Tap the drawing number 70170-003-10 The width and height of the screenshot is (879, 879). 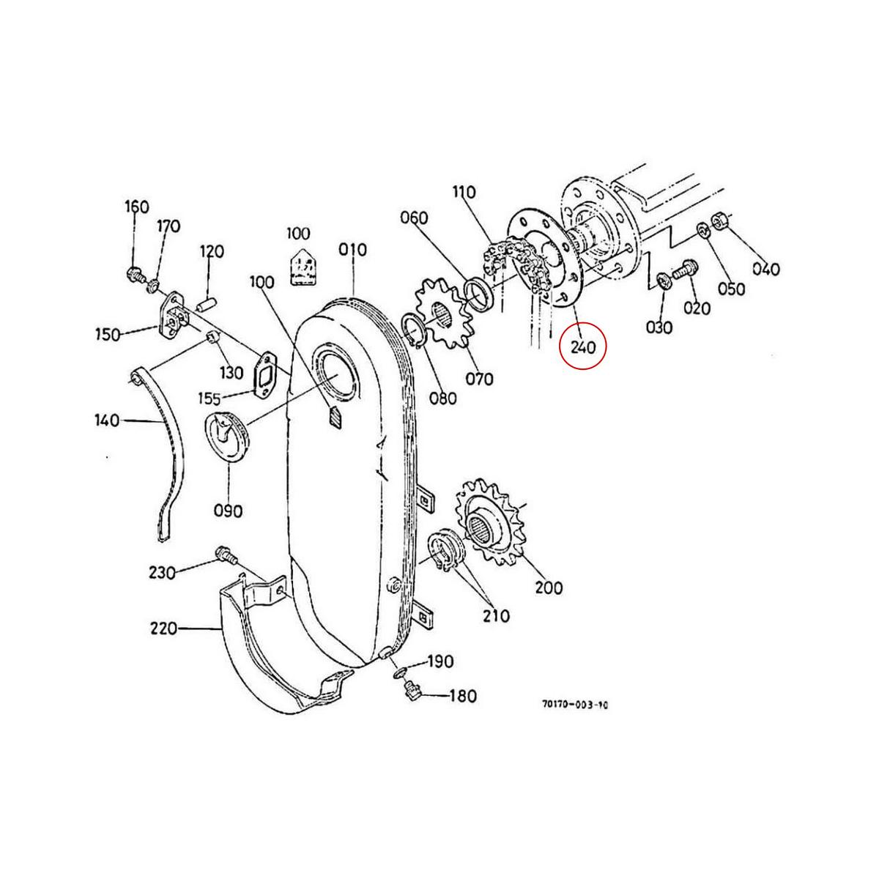point(575,705)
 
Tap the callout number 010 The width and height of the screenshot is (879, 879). point(353,250)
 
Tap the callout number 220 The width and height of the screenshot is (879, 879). point(163,628)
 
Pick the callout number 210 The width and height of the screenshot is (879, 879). point(496,616)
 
